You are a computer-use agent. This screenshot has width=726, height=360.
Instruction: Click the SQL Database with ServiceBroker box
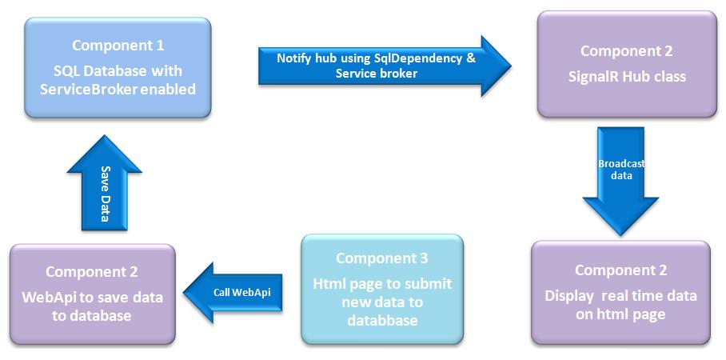(118, 68)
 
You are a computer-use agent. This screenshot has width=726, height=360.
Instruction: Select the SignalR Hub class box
(626, 66)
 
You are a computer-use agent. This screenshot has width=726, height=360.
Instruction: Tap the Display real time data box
(620, 292)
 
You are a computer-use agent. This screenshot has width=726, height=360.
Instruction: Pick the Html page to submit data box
(382, 290)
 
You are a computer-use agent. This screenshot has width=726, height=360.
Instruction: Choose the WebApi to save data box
(92, 294)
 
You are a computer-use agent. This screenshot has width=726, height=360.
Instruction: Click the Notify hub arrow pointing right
(384, 66)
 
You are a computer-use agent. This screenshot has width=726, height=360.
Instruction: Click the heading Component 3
(381, 258)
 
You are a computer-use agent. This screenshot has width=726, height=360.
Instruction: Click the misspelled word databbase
(381, 320)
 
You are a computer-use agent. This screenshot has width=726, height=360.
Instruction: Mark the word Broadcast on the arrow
(621, 163)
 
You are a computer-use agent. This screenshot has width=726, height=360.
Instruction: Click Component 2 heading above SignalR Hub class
(626, 51)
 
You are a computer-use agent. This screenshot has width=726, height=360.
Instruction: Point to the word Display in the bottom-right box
(569, 296)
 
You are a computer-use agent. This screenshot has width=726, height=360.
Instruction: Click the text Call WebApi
(241, 292)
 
